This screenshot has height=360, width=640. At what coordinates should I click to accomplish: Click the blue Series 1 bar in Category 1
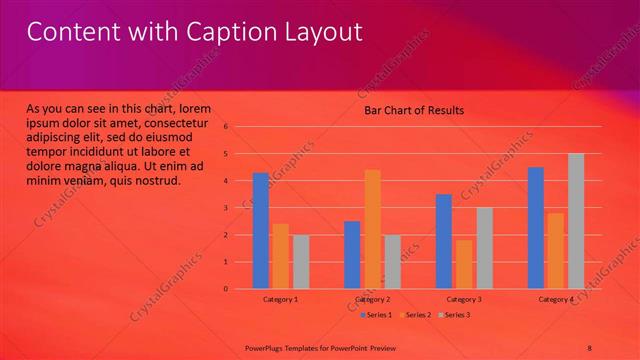pos(260,231)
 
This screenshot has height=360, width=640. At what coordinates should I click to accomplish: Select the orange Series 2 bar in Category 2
pos(372,229)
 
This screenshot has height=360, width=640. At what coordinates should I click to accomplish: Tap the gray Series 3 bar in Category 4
pos(576,221)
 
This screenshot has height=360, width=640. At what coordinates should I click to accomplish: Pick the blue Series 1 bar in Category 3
pos(444,241)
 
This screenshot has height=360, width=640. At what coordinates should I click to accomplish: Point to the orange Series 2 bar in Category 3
pos(464,264)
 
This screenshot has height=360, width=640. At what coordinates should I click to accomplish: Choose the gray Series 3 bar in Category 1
pos(301,262)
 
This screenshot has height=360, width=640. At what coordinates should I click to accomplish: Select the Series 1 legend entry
pos(377,315)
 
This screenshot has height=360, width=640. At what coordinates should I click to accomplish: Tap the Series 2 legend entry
pos(415,315)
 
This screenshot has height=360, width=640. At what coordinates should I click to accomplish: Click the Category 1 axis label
pos(281,299)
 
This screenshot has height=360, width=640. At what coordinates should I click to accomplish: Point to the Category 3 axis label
pos(464,299)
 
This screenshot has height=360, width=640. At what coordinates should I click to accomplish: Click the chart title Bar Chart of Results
pos(413,110)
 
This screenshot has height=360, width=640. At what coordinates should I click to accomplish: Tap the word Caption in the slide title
pos(229,32)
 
